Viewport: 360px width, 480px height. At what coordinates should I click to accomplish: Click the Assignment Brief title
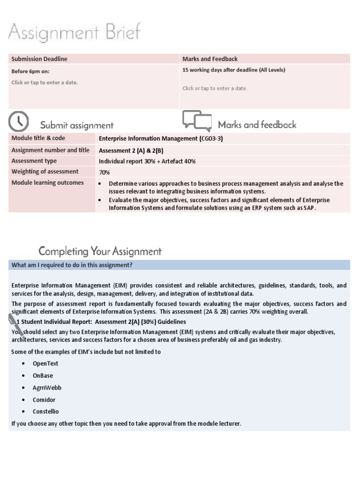point(74,34)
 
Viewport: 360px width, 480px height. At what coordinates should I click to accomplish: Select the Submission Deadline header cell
point(39,59)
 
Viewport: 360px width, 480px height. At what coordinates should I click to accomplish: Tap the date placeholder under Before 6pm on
point(45,82)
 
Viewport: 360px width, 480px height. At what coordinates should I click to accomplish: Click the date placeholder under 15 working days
point(215,88)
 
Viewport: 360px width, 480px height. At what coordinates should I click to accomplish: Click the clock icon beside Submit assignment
point(19,121)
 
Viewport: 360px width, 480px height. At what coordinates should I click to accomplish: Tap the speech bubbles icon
point(197,120)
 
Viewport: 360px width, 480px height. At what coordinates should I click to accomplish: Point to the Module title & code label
point(38,138)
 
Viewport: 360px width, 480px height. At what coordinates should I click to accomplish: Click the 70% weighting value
point(104,172)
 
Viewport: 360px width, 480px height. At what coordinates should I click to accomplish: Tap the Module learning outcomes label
point(47,183)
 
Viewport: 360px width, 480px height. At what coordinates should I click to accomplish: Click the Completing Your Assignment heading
point(100,251)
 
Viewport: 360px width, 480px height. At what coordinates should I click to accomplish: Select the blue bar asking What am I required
point(179,265)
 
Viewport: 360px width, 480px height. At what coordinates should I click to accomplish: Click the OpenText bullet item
point(45,363)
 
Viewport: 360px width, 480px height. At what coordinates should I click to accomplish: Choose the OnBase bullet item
point(43,375)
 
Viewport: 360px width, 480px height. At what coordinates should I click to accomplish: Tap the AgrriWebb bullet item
point(47,388)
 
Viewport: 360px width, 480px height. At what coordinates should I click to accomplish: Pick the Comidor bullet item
point(44,399)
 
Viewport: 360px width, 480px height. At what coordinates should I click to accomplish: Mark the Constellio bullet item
point(46,412)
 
